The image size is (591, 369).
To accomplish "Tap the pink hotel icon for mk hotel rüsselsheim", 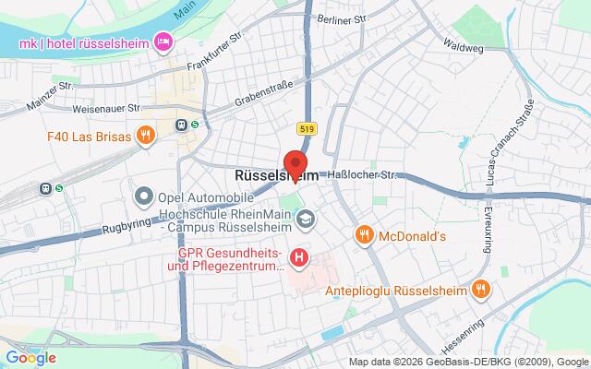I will pos(164,41).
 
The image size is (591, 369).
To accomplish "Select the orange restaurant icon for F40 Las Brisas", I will pos(144,137).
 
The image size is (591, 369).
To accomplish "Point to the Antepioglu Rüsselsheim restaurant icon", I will pos(479,289).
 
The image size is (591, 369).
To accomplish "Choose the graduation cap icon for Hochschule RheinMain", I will pos(305,219).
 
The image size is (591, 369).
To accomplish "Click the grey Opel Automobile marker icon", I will pos(144,196).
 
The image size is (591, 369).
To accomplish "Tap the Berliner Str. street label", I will pos(336,19).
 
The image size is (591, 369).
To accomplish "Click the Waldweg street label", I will pos(463,42).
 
